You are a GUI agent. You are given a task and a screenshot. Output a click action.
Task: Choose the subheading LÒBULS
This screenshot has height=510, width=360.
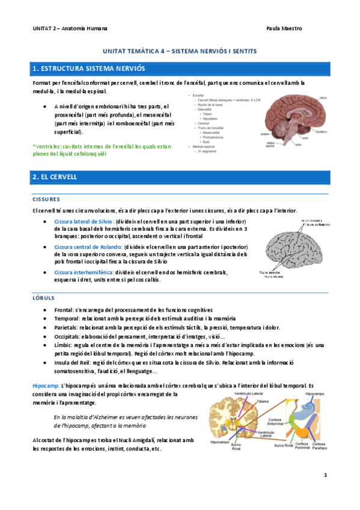pyautogui.click(x=43, y=298)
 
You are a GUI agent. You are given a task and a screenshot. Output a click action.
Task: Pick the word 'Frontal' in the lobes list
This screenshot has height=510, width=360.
pyautogui.click(x=64, y=309)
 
